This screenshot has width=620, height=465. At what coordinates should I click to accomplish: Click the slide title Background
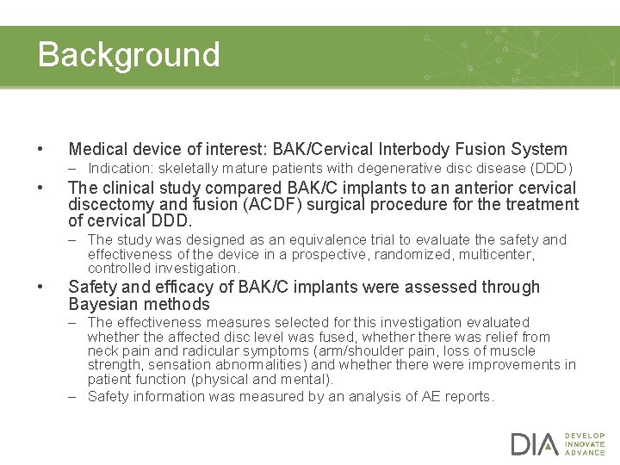(129, 54)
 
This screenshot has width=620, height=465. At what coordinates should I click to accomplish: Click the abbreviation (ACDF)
(245, 205)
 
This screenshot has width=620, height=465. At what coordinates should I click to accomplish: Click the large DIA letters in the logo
(535, 444)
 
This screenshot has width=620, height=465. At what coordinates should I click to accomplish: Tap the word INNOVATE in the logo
(585, 444)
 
